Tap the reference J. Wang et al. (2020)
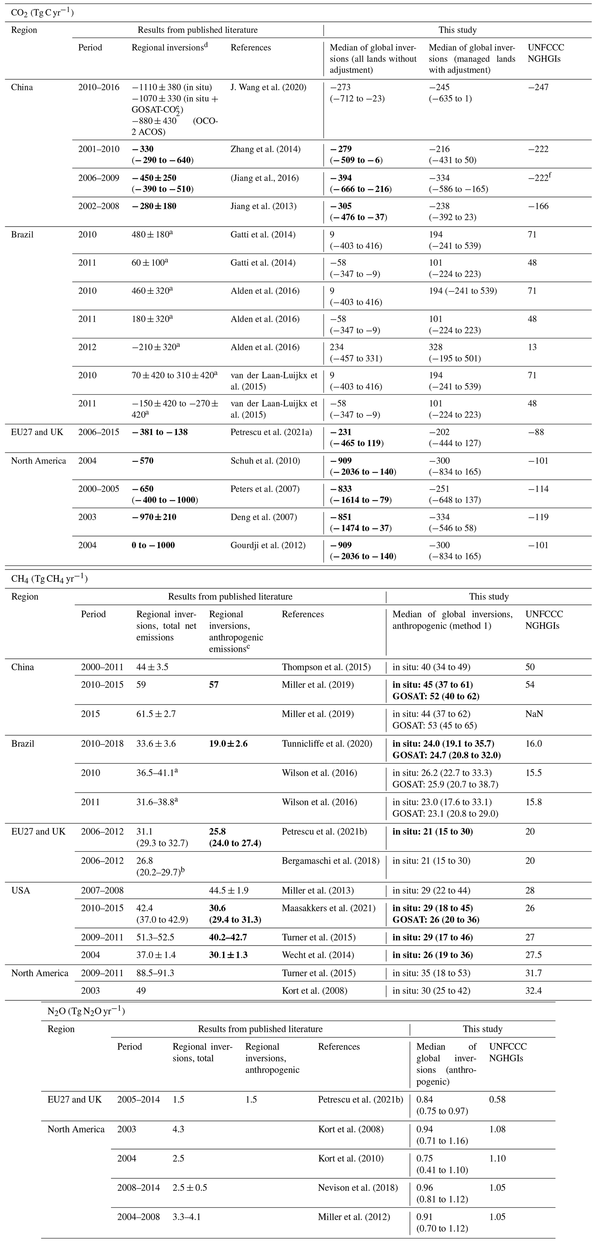[268, 87]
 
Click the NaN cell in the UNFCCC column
[534, 714]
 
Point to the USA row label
[21, 890]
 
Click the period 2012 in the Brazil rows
[87, 347]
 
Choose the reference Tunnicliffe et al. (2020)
[327, 744]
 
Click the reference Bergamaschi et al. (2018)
[330, 861]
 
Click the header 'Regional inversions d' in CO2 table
[170, 47]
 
